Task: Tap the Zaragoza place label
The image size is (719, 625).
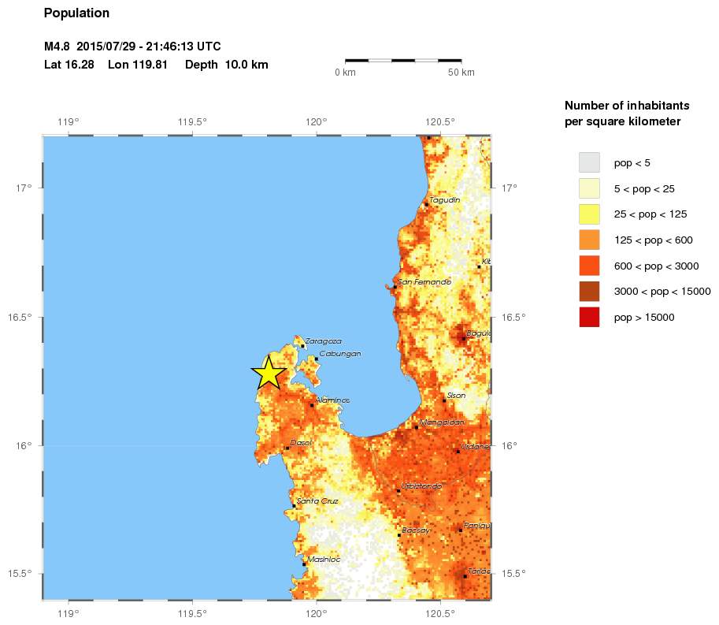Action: click(x=323, y=341)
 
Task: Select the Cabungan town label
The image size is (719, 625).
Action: click(x=340, y=354)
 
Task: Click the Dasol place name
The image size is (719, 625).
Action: click(x=301, y=443)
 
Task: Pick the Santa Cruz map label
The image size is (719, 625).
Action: click(x=313, y=501)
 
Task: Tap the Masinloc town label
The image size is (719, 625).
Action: click(x=324, y=560)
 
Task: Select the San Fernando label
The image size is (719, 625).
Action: click(x=424, y=282)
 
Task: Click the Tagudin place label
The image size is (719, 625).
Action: click(x=444, y=200)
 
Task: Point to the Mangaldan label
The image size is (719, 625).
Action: click(x=442, y=422)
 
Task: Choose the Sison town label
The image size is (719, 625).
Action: click(x=456, y=396)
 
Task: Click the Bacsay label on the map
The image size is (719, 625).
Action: click(x=416, y=530)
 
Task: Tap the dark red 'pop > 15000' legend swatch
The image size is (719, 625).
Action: click(x=589, y=317)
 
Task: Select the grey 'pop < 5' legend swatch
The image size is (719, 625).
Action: click(x=589, y=162)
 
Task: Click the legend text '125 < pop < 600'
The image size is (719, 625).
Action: click(x=653, y=240)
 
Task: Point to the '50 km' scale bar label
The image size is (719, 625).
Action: click(x=461, y=73)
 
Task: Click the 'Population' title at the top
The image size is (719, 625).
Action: click(x=76, y=13)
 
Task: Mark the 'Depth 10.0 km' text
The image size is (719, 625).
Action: click(x=227, y=65)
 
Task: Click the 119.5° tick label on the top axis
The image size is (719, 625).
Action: click(x=192, y=121)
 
